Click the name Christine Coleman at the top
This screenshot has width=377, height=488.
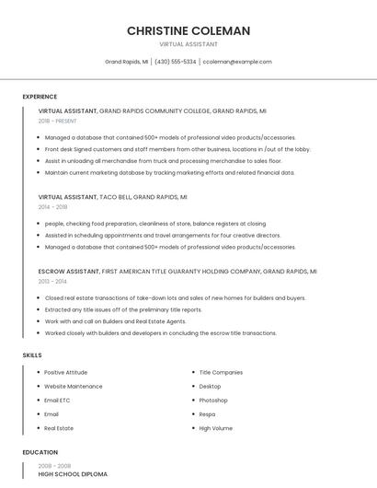pos(188,30)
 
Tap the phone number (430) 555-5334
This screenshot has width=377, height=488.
pos(175,62)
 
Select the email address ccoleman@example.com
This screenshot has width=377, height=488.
pos(237,62)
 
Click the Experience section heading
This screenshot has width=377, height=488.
pos(40,97)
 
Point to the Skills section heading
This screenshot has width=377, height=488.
pos(32,354)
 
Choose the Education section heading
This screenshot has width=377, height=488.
pos(40,452)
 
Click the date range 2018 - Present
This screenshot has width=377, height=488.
pos(57,121)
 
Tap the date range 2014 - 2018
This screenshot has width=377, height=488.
pos(52,207)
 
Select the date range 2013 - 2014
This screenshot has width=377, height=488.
pos(52,282)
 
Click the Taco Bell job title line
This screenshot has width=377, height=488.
pos(112,197)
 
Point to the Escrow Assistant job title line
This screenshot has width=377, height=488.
pos(177,272)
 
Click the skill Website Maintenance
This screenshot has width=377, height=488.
pos(74,387)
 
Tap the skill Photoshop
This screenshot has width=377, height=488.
pos(213,401)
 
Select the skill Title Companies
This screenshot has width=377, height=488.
pos(221,372)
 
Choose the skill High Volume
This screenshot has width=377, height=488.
pos(216,428)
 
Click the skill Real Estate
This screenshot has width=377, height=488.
pos(59,428)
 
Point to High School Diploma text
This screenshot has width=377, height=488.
pos(73,474)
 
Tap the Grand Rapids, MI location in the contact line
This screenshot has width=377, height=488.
pos(126,62)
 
